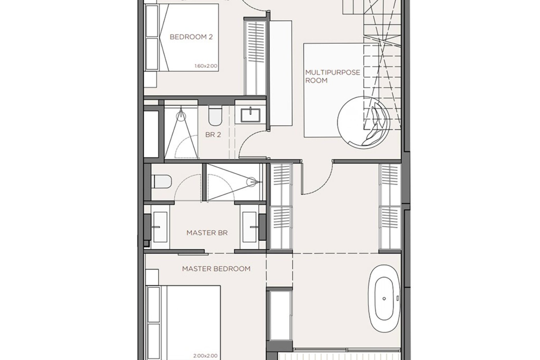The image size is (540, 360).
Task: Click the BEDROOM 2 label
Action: click(x=191, y=37)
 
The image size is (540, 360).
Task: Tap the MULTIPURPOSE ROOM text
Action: click(x=332, y=76)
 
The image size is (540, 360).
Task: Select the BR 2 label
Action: click(x=213, y=135)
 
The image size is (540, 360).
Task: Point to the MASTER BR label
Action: click(x=207, y=233)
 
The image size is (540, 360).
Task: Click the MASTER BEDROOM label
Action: click(x=216, y=269)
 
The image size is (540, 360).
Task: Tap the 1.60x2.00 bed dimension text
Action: click(x=206, y=66)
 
